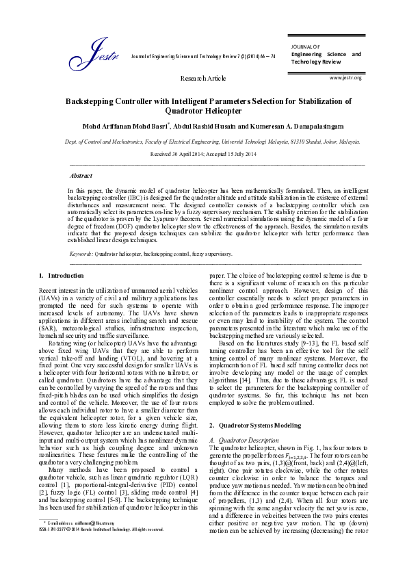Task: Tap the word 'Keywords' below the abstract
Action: click(81, 253)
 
